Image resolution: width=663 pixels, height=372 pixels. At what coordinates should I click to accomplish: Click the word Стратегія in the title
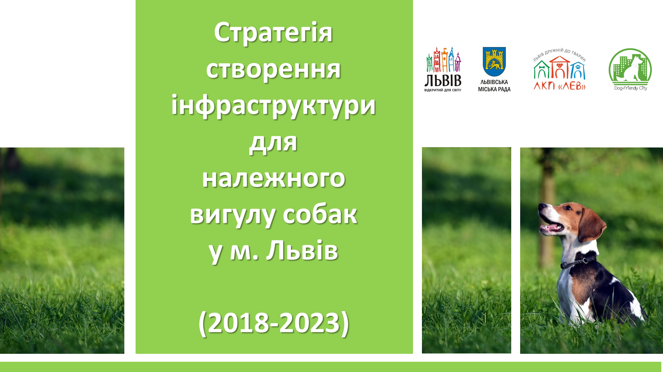[x=273, y=33]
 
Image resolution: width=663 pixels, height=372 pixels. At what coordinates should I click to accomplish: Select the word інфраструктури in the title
[x=273, y=106]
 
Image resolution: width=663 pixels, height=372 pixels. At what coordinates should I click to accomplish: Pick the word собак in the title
[x=320, y=215]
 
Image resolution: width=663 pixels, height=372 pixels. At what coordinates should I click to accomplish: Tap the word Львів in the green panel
[x=302, y=251]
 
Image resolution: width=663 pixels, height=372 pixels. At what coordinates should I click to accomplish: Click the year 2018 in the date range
[x=238, y=322]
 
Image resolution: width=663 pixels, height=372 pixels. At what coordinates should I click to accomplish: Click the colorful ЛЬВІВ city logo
[x=443, y=69]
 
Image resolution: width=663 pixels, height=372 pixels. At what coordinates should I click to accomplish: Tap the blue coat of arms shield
[x=494, y=62]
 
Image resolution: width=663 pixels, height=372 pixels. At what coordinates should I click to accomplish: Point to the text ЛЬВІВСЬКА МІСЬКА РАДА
[x=494, y=86]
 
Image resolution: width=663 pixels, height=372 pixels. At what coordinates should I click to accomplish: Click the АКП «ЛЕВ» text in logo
[x=559, y=86]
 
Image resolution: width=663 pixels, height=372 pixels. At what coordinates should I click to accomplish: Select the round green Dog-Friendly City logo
[x=630, y=69]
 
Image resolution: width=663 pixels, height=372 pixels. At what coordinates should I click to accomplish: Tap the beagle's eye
[x=567, y=208]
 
